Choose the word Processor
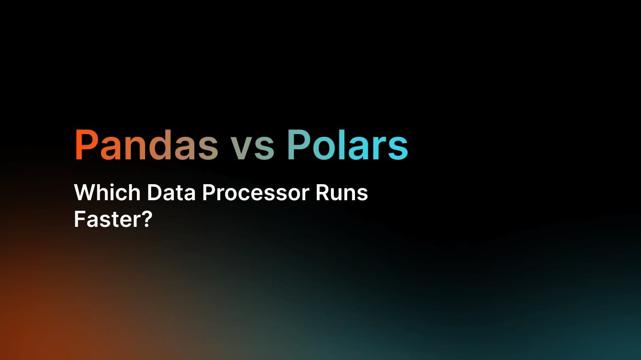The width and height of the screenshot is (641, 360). coord(255,192)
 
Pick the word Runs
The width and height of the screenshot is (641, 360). coord(341,192)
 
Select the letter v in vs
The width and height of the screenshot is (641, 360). coord(241,148)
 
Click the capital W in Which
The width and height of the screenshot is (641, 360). coord(85,192)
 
